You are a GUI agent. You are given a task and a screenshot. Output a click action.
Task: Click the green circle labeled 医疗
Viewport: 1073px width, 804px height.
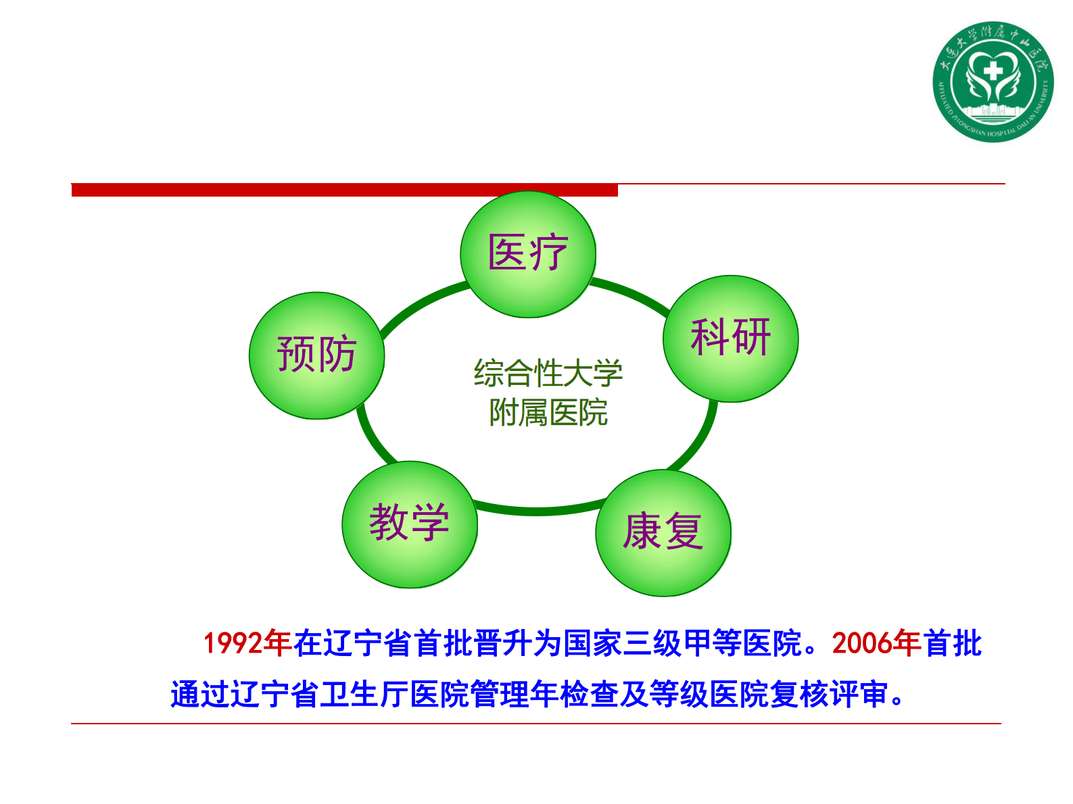point(527,254)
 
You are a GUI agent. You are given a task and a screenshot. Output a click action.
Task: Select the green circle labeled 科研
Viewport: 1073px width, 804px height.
point(730,338)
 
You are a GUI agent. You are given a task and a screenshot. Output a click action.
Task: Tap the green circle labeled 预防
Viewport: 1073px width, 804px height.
point(316,355)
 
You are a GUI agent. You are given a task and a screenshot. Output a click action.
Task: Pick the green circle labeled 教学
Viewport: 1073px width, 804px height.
point(409,524)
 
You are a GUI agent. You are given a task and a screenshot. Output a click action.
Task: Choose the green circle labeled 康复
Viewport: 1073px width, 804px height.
point(663,532)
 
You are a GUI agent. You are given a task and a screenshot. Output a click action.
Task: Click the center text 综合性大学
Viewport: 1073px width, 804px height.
point(548,374)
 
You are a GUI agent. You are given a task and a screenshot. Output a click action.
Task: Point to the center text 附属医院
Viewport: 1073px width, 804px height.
point(548,413)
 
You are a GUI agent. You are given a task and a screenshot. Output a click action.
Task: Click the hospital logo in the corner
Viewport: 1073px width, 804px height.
point(993,81)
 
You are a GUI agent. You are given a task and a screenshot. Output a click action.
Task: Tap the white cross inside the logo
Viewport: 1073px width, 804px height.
point(993,70)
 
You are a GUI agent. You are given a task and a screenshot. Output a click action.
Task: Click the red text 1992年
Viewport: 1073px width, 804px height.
point(247,643)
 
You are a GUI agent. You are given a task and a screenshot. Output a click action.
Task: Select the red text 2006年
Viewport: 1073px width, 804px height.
point(876,643)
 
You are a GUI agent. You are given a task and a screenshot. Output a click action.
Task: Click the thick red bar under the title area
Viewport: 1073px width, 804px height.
point(345,190)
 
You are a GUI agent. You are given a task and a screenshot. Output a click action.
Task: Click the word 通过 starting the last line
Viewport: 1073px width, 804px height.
point(200,695)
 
